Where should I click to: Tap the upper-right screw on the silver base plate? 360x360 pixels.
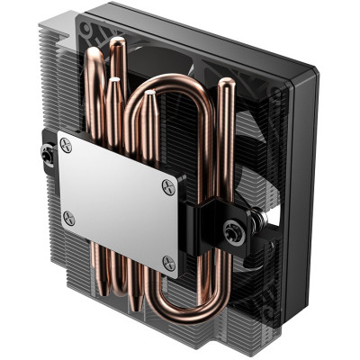pos(168,186)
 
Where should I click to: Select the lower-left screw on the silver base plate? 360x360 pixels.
pos(67,216)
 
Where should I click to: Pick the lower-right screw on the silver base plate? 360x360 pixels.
pos(167,262)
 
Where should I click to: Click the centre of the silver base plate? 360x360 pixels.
pos(117,202)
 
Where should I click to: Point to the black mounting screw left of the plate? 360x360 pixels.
pos(44,154)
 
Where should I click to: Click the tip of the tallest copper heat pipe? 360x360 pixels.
pos(116,43)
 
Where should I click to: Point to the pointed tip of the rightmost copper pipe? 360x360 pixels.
pos(227,84)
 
